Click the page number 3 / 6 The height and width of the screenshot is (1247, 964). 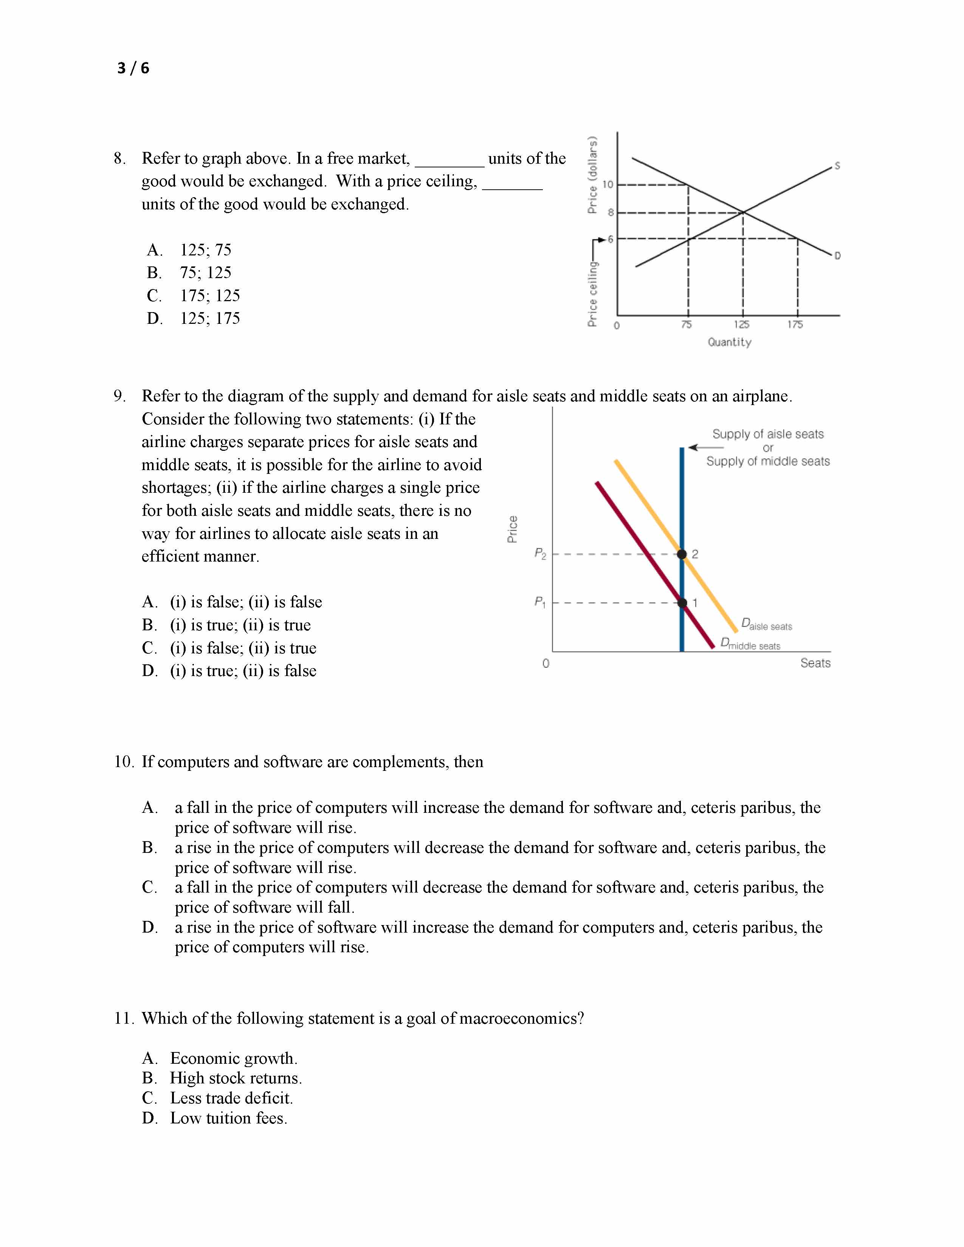click(x=133, y=68)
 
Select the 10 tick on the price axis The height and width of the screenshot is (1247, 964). click(x=608, y=184)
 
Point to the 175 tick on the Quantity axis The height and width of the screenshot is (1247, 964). click(x=795, y=324)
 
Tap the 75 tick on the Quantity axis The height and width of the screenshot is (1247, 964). click(x=687, y=324)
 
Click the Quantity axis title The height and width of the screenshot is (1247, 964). click(x=729, y=342)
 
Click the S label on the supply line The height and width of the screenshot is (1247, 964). click(x=837, y=166)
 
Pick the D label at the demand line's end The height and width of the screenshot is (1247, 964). click(x=837, y=256)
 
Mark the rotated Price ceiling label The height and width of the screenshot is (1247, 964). click(x=593, y=294)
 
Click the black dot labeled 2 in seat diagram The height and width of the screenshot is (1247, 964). click(x=682, y=554)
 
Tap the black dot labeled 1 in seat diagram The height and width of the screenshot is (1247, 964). click(x=682, y=602)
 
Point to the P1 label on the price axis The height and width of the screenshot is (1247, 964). click(x=540, y=602)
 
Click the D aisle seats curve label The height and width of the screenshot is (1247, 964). click(x=766, y=624)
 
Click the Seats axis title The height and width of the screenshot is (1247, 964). click(x=815, y=663)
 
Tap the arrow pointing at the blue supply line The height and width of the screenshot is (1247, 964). click(x=705, y=448)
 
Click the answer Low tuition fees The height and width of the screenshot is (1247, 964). click(x=228, y=1118)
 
